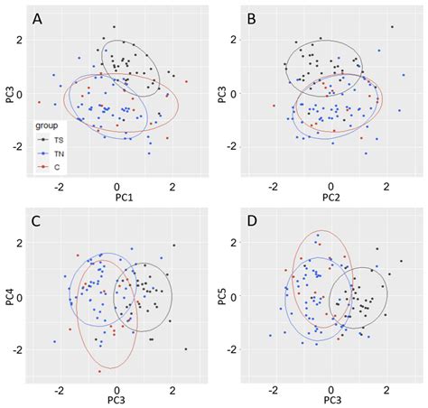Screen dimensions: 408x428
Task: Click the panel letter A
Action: (x=37, y=18)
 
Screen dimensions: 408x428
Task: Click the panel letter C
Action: (x=36, y=222)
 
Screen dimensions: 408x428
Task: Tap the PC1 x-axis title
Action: (x=116, y=199)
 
